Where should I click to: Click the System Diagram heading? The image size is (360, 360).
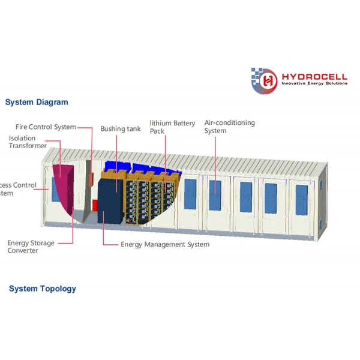pyautogui.click(x=37, y=102)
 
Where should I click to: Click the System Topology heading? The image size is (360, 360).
pyautogui.click(x=43, y=289)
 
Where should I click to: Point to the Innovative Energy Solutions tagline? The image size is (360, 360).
pyautogui.click(x=314, y=84)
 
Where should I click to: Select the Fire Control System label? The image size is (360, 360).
pyautogui.click(x=46, y=127)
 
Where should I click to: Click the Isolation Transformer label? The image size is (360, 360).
pyautogui.click(x=28, y=142)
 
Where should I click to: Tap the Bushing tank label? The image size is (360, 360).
pyautogui.click(x=121, y=129)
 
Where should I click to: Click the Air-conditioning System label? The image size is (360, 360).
pyautogui.click(x=229, y=127)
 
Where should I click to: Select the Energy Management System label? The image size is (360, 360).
pyautogui.click(x=165, y=244)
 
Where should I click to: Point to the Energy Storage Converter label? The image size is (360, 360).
pyautogui.click(x=31, y=247)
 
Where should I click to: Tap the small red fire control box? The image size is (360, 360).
pyautogui.click(x=94, y=205)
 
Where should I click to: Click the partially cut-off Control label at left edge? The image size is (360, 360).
pyautogui.click(x=18, y=185)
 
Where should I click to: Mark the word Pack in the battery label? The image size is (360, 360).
pyautogui.click(x=157, y=131)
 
